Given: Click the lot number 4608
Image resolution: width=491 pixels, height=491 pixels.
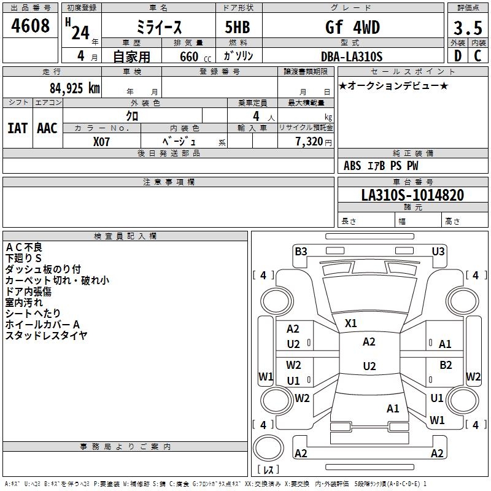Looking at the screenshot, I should (x=31, y=26).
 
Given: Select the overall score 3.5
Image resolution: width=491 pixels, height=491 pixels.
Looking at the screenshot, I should (x=467, y=28).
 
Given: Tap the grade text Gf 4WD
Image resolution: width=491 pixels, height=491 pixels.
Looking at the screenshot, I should (x=352, y=28).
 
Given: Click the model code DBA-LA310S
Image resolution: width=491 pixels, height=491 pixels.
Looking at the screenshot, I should (x=352, y=56).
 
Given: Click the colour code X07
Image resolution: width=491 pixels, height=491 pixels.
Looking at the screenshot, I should (x=101, y=141).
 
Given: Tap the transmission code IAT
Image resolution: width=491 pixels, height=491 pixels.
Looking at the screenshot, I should (x=18, y=128).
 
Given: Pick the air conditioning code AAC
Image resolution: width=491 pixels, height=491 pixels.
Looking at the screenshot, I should (x=47, y=128).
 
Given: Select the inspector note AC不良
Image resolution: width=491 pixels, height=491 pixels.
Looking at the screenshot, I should (x=24, y=247).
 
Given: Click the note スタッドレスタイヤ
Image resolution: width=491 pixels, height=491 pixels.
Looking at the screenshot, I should (x=47, y=335).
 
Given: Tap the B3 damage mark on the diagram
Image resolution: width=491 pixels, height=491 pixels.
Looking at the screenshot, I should (x=301, y=251).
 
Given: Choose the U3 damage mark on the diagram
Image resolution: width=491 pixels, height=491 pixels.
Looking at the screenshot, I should (x=438, y=251).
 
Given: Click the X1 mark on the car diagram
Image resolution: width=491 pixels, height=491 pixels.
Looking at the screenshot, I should (x=351, y=323).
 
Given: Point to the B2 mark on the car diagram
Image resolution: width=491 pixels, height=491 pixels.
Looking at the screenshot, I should (x=446, y=365).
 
